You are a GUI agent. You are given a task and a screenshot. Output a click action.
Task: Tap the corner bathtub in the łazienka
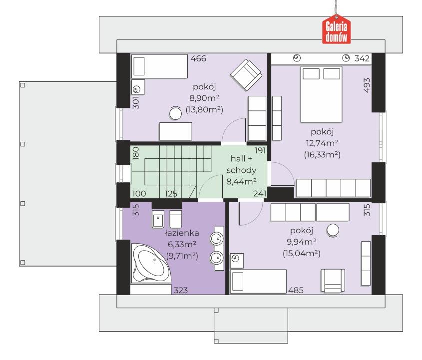(x=151, y=263)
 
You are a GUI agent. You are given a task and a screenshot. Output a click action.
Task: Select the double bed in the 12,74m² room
(x=321, y=94)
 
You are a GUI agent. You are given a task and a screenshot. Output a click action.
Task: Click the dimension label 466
(x=198, y=58)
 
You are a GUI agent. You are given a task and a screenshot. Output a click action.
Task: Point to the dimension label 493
(x=367, y=85)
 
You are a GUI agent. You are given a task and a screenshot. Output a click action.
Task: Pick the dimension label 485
(x=296, y=290)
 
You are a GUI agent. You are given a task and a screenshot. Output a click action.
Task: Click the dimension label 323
(x=181, y=290)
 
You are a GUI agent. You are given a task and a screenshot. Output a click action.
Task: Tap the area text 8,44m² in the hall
(x=241, y=182)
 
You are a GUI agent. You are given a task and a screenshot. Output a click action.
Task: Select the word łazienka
(x=182, y=233)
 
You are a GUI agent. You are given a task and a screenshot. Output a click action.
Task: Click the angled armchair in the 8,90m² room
(x=246, y=75)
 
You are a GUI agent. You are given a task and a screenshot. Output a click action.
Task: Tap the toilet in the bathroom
(x=175, y=219)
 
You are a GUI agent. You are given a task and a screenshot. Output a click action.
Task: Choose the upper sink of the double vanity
(x=217, y=238)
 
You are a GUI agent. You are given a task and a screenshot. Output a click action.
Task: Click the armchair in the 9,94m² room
(x=333, y=281)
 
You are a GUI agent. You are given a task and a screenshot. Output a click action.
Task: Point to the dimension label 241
(x=260, y=193)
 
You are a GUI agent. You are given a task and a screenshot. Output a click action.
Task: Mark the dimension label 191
(x=260, y=150)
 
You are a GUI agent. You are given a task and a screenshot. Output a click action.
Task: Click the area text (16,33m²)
(x=322, y=155)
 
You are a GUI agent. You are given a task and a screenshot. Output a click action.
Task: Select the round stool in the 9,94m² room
(x=333, y=230)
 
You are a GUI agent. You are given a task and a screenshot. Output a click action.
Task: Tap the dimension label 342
(x=362, y=58)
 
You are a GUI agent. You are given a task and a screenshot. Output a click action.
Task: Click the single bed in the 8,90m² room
(x=159, y=66)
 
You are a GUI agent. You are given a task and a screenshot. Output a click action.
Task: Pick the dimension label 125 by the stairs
(x=171, y=193)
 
